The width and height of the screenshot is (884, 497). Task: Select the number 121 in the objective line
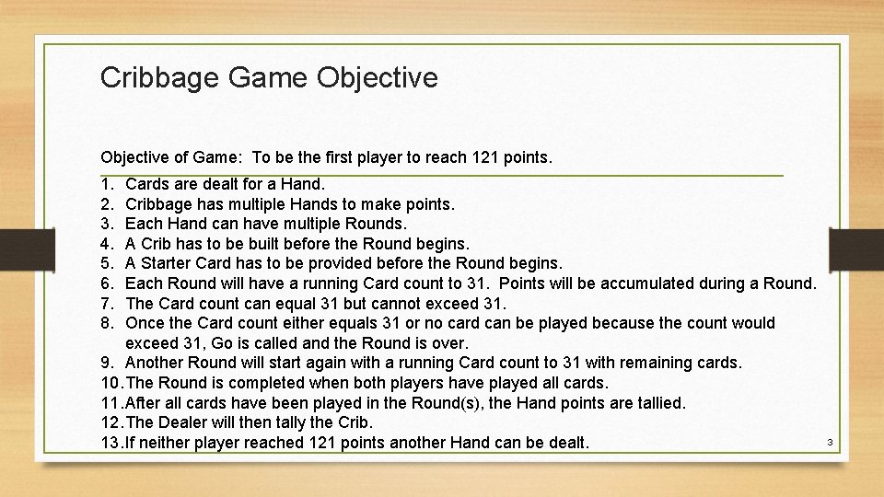click(494, 157)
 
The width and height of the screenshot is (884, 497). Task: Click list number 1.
click(108, 184)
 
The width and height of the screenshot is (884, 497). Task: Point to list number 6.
click(108, 283)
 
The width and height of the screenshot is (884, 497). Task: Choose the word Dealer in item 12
click(182, 422)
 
